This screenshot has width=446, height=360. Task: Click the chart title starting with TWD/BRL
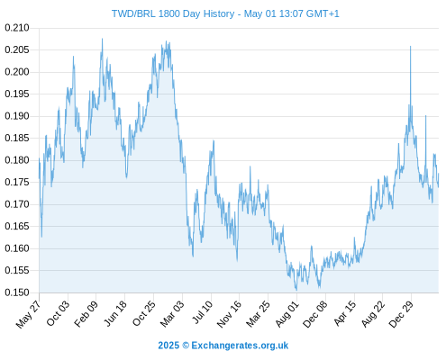point(225,13)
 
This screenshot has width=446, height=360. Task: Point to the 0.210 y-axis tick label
point(17,28)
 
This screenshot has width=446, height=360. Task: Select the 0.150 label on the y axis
point(17,292)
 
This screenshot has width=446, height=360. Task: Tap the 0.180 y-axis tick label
point(17,160)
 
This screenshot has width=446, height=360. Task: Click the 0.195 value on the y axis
point(17,94)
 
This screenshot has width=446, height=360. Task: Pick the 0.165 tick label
point(17,226)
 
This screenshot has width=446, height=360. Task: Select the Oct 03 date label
point(58,313)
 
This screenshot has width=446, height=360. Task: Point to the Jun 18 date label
point(115,313)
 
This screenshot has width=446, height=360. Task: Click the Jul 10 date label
point(202,312)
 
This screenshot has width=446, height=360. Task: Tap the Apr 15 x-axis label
point(345,313)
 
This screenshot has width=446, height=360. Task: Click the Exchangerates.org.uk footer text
point(240,346)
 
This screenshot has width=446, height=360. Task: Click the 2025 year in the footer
point(168,346)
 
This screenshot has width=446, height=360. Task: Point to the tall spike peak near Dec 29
point(410,47)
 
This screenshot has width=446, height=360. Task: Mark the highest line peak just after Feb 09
point(102,39)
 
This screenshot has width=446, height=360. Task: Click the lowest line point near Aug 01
point(296,290)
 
